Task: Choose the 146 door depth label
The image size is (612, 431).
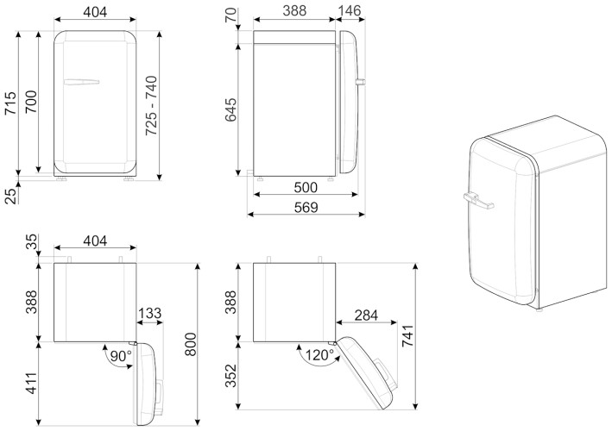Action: coord(350,11)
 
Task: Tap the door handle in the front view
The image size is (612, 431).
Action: coord(81,83)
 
